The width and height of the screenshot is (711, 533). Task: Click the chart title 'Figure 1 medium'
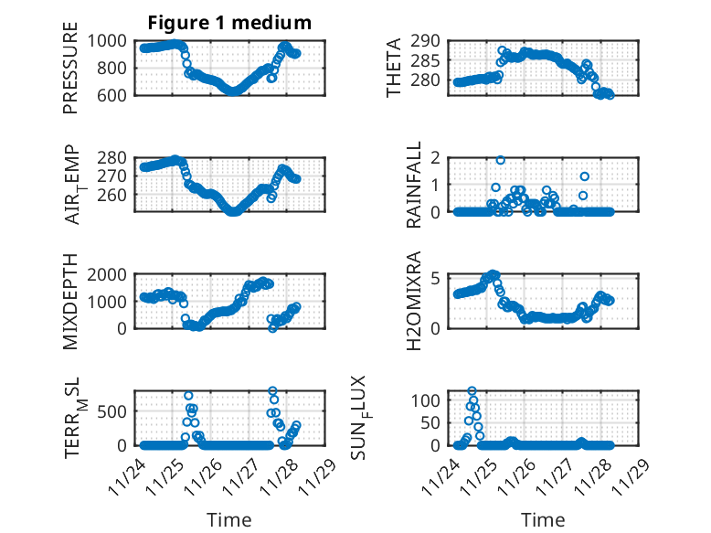click(229, 22)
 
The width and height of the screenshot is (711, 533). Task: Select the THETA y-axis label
click(394, 68)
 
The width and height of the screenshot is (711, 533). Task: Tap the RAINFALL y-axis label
click(414, 185)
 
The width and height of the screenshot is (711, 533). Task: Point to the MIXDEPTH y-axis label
click(70, 302)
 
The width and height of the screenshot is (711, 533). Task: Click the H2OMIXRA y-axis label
click(414, 302)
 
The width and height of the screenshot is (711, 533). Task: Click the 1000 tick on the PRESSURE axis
click(111, 41)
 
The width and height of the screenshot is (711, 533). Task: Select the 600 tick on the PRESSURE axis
click(117, 94)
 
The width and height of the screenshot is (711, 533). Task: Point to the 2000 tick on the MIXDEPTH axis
click(111, 275)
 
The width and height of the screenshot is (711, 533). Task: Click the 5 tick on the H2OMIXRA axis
click(437, 278)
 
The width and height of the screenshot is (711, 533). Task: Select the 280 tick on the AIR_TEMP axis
click(117, 158)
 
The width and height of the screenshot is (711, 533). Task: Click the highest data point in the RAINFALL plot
click(501, 160)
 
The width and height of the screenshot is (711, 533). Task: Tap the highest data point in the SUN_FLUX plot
click(472, 391)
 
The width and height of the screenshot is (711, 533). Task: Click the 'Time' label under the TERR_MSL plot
click(229, 520)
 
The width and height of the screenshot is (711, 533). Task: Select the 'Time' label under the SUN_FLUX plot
click(544, 520)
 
